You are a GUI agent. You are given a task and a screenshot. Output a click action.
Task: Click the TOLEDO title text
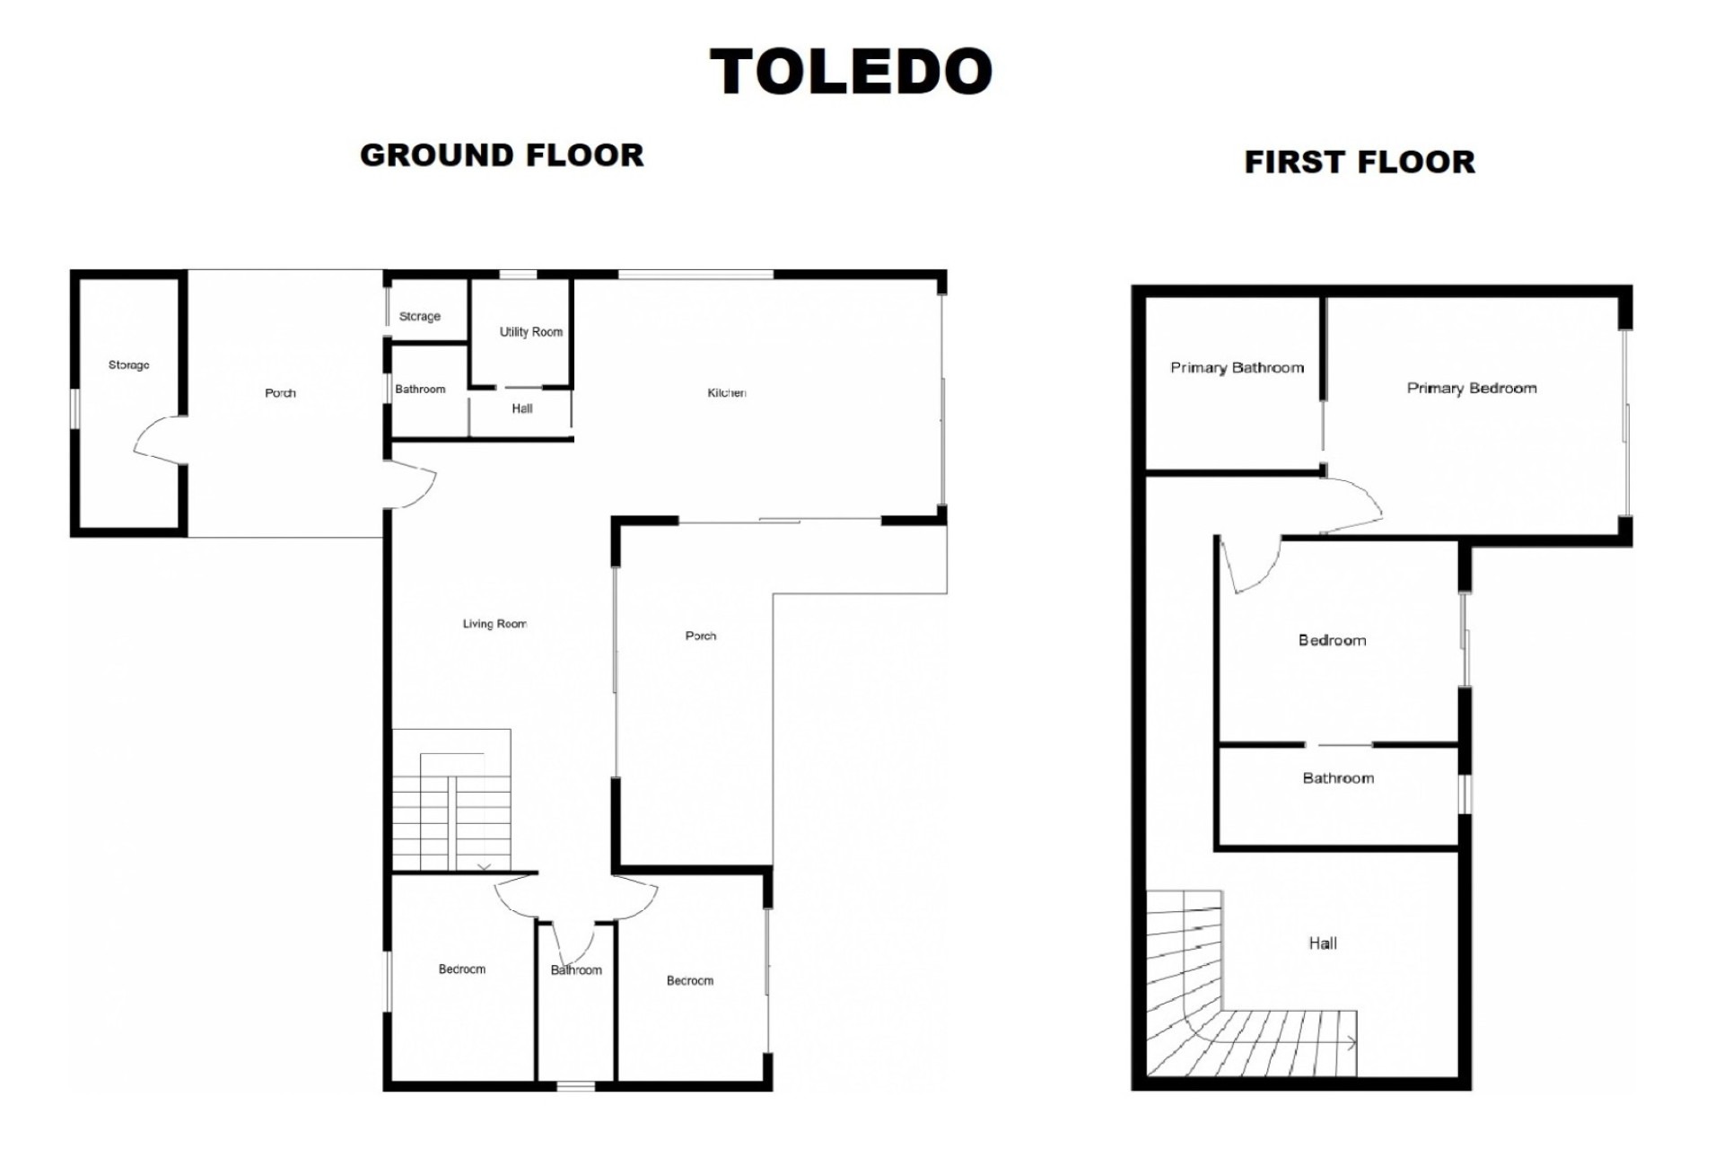pyautogui.click(x=851, y=72)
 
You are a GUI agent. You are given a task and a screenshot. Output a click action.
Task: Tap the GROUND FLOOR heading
pyautogui.click(x=502, y=155)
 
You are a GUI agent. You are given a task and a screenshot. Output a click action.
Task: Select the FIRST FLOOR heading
pyautogui.click(x=1359, y=162)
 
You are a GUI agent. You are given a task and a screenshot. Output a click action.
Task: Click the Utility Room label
pyautogui.click(x=530, y=332)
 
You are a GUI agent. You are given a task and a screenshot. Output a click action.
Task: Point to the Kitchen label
pyautogui.click(x=726, y=392)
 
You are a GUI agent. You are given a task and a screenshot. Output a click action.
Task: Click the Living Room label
pyautogui.click(x=494, y=624)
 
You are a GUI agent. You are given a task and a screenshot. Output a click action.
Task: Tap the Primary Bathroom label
pyautogui.click(x=1237, y=368)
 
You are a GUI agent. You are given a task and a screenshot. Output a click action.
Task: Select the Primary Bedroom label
pyautogui.click(x=1471, y=389)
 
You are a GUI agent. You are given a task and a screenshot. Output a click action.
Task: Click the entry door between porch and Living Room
pyautogui.click(x=412, y=486)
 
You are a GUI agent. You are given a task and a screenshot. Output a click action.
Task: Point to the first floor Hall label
pyautogui.click(x=1322, y=943)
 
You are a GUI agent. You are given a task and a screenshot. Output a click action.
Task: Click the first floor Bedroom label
pyautogui.click(x=1332, y=641)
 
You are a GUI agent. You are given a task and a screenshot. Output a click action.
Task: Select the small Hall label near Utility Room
pyautogui.click(x=521, y=409)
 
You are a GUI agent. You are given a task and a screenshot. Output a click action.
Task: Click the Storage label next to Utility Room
pyautogui.click(x=419, y=317)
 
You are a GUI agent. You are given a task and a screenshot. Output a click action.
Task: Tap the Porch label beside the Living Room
pyautogui.click(x=700, y=636)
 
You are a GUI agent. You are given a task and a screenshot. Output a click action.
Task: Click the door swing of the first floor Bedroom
pyautogui.click(x=1252, y=566)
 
